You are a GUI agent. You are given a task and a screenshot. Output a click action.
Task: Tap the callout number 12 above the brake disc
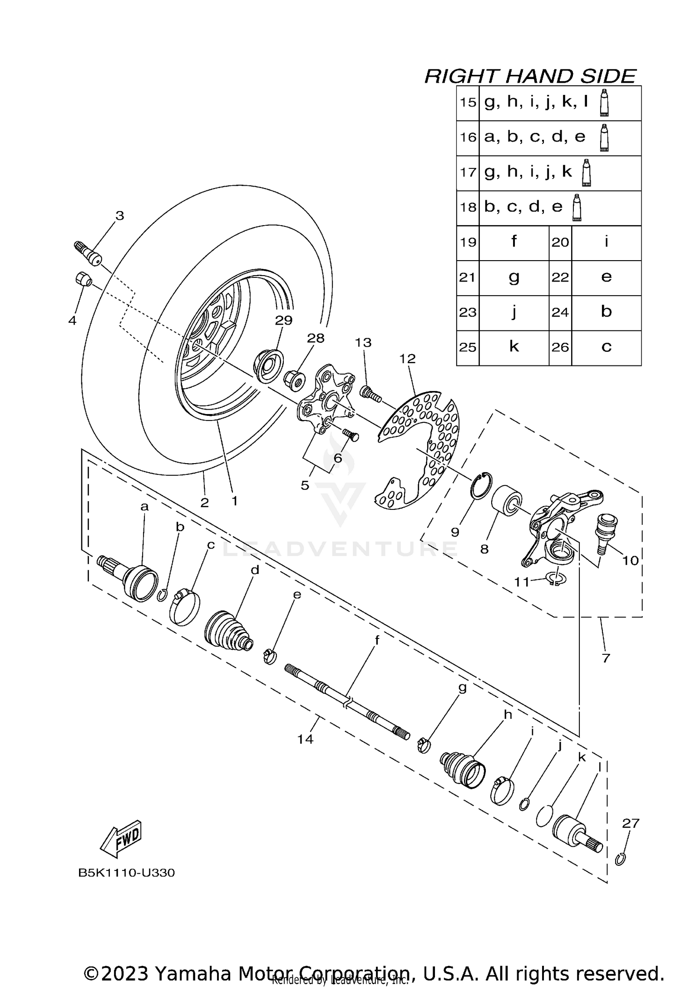(407, 359)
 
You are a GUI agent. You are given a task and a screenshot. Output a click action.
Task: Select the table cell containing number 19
(468, 242)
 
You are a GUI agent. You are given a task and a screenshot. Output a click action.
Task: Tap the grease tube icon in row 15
(604, 102)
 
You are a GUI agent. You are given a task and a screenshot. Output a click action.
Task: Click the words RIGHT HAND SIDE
(530, 76)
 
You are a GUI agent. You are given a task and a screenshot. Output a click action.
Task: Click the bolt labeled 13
(370, 393)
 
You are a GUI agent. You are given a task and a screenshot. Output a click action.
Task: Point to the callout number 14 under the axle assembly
(305, 739)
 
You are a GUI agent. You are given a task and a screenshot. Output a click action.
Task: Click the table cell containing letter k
(513, 347)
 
